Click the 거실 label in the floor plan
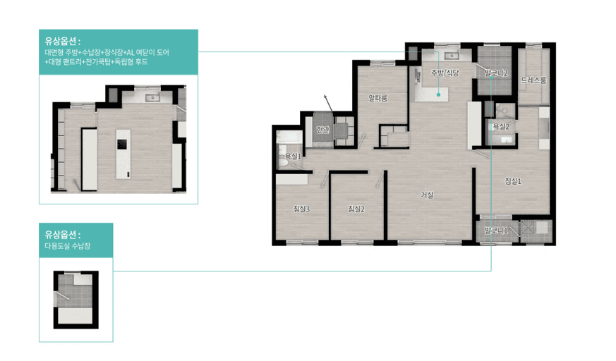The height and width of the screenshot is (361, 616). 427,195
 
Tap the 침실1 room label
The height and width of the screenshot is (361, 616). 513,181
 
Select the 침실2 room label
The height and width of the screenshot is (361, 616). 356,209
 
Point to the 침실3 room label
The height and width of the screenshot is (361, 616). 301,209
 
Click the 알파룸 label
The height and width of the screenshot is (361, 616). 378,98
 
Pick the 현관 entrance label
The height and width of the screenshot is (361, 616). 323,129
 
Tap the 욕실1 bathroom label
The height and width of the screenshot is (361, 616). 293,156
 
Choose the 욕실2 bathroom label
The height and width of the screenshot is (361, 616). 501,126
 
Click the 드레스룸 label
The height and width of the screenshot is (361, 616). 533,80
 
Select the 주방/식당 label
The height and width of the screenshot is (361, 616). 445,73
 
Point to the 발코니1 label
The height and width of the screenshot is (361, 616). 496,231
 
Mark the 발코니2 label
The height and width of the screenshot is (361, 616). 496,73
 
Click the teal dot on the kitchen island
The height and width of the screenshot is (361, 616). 438,94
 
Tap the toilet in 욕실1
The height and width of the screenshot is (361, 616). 282,158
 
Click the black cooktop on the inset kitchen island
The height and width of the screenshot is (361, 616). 122,145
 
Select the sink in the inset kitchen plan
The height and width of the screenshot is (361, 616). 152,98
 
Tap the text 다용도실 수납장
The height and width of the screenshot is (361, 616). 68,246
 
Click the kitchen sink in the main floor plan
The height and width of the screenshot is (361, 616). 452,56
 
